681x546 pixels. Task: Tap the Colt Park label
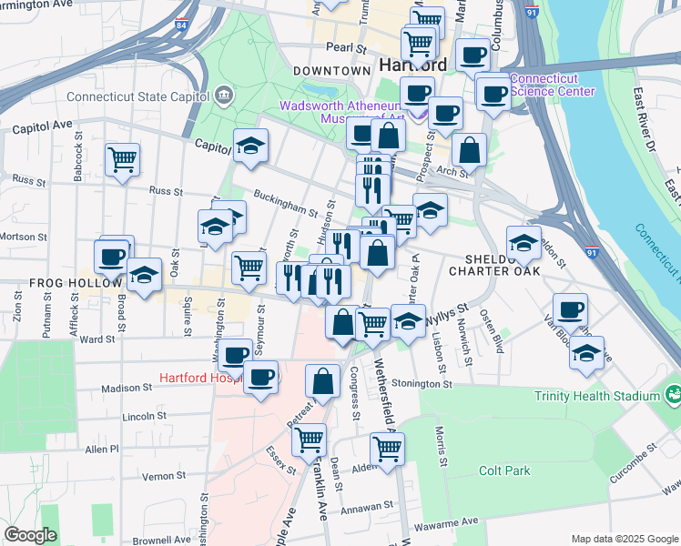(503, 470)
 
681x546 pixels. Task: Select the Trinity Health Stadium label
(597, 396)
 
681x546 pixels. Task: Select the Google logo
(30, 534)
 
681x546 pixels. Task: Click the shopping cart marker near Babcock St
(122, 161)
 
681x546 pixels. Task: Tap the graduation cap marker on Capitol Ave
(250, 146)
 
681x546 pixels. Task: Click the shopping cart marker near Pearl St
(418, 42)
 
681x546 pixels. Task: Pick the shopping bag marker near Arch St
(469, 150)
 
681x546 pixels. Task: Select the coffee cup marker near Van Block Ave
(570, 309)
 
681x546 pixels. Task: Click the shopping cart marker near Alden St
(387, 449)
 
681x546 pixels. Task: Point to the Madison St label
(124, 388)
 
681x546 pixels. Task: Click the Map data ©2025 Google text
(624, 538)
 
